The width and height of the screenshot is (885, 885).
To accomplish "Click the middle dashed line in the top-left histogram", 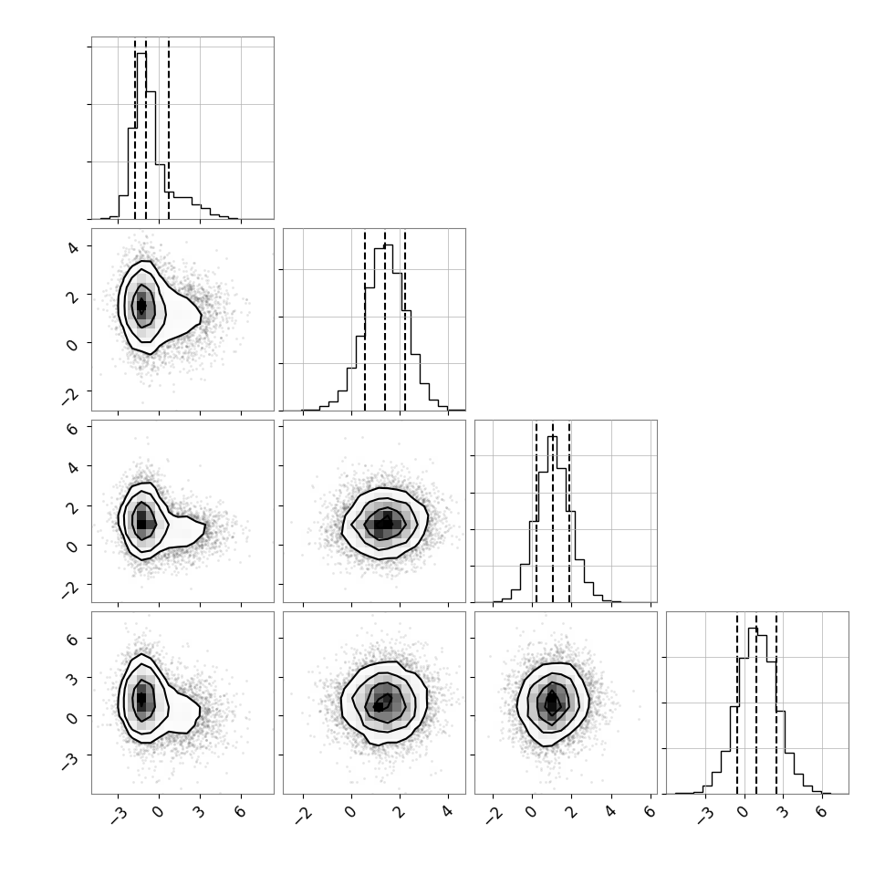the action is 146,130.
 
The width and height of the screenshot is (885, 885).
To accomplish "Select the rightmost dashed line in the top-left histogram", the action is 169,130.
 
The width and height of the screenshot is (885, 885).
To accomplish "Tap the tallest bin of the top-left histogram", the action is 141,135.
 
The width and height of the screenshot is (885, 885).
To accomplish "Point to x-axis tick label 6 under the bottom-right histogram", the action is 822,812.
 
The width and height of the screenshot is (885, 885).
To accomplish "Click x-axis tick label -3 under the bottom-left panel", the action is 120,815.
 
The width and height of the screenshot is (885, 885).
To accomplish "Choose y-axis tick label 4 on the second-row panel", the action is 73,246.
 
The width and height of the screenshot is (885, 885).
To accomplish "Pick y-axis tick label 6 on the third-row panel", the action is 72,429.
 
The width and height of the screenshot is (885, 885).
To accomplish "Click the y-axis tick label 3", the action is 72,679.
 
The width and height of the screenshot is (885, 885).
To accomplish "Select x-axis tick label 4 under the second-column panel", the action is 448,812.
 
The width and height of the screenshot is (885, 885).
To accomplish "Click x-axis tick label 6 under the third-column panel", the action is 651,812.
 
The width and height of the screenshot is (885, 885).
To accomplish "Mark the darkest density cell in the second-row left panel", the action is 141,306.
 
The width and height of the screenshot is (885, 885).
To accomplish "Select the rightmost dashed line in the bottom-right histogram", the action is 776,703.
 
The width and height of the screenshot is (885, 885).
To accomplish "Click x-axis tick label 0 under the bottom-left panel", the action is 159,812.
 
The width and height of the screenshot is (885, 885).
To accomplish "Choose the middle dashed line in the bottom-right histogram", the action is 756,703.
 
